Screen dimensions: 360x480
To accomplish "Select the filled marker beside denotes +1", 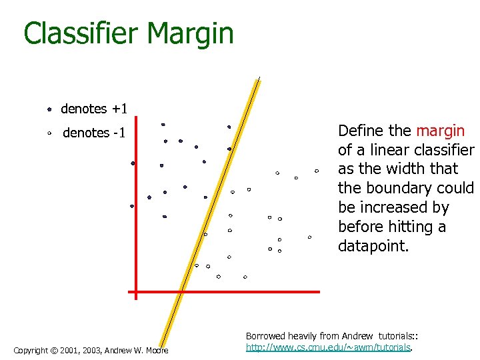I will pyautogui.click(x=49, y=109).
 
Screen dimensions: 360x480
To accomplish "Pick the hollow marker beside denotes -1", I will pyautogui.click(x=49, y=133).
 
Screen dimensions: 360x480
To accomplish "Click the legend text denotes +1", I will pyautogui.click(x=94, y=109).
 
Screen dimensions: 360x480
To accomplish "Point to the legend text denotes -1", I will pyautogui.click(x=94, y=133).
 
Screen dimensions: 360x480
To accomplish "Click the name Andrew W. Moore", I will pyautogui.click(x=139, y=351).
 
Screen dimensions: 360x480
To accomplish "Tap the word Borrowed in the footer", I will pyautogui.click(x=265, y=337).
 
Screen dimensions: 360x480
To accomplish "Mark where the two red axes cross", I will pyautogui.click(x=135, y=292).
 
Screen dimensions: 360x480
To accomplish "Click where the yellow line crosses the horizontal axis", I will pyautogui.click(x=179, y=292).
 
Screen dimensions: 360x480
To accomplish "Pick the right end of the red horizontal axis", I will pyautogui.click(x=319, y=292).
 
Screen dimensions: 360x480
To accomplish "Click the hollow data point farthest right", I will pyautogui.click(x=317, y=171).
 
